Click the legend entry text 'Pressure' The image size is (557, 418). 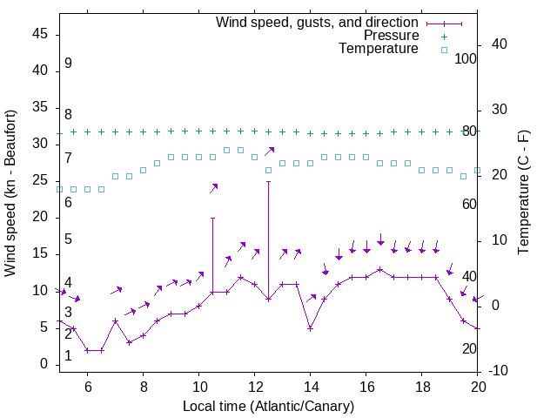(x=392, y=36)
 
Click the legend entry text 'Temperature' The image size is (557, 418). (x=379, y=49)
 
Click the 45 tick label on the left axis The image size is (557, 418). (x=41, y=34)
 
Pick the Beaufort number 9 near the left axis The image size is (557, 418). (x=68, y=64)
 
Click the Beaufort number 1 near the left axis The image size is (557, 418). (x=68, y=356)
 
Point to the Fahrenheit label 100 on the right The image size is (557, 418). (x=466, y=58)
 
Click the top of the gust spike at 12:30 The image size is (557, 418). (x=269, y=181)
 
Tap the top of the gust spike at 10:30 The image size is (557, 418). (x=213, y=218)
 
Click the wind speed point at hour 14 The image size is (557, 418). (x=311, y=328)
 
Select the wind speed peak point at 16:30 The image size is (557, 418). (x=380, y=269)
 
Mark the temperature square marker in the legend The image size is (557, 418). (x=443, y=50)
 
